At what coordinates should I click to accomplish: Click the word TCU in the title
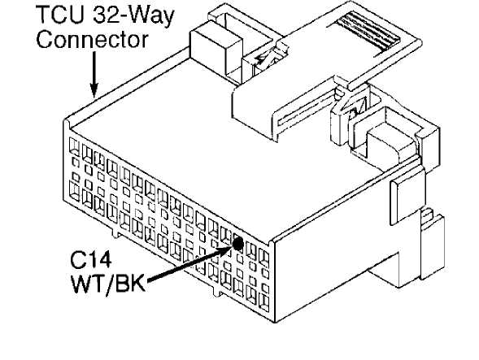tap(60, 15)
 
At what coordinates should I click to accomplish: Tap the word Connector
tap(92, 40)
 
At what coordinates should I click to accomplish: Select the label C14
tap(91, 261)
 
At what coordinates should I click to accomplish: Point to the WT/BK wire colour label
tap(108, 284)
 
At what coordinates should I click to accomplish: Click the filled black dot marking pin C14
tap(237, 243)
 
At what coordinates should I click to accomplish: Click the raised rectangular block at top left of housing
tap(216, 50)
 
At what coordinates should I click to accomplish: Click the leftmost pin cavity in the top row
tap(74, 146)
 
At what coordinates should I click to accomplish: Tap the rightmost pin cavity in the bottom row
tap(263, 302)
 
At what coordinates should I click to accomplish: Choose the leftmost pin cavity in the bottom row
tap(74, 191)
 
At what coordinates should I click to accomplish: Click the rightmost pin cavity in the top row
tap(263, 258)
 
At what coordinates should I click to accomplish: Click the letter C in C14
tap(78, 261)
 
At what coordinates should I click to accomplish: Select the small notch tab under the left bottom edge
tap(115, 232)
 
